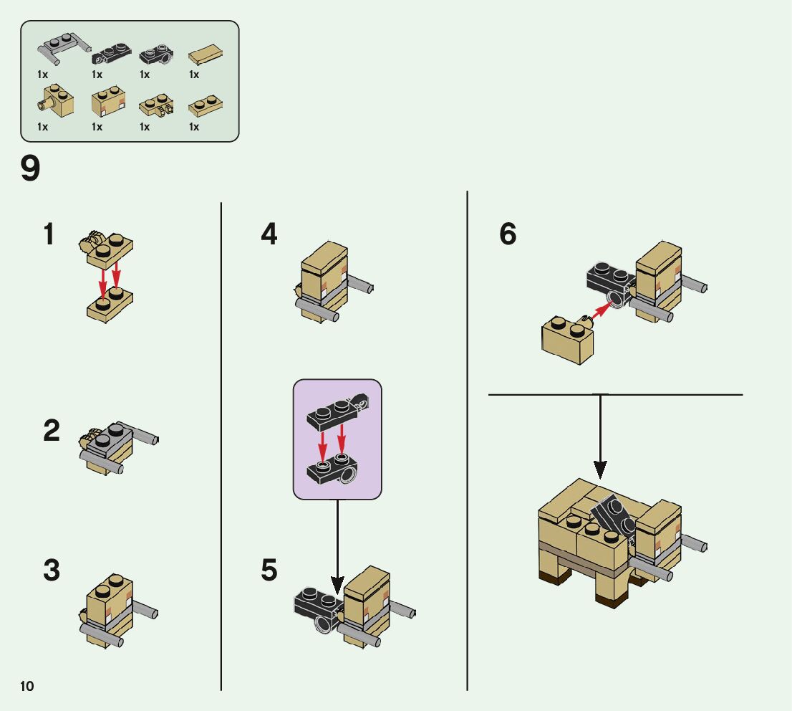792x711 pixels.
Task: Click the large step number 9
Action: pos(30,170)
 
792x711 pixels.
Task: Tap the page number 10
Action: pos(27,687)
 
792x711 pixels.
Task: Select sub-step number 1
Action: pos(49,234)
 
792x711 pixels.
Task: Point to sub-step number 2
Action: pos(52,431)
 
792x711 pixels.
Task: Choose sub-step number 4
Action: pos(269,234)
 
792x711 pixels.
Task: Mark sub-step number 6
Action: pos(508,234)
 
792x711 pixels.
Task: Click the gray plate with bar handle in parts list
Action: pos(61,47)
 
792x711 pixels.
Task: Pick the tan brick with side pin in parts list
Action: pos(56,101)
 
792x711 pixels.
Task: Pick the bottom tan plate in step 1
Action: pos(109,305)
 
